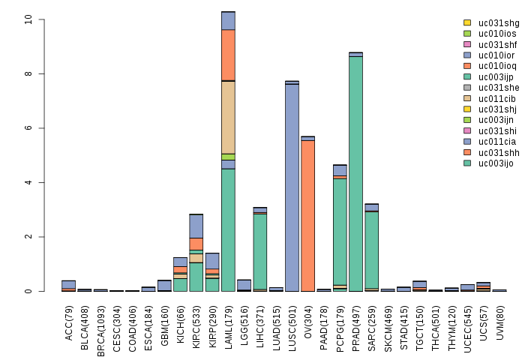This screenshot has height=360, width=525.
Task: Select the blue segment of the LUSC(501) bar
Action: point(292,187)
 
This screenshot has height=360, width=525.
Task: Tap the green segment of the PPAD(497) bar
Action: point(355,173)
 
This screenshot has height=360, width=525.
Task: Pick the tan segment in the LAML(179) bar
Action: point(228,117)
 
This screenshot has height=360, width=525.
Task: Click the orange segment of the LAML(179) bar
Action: point(228,55)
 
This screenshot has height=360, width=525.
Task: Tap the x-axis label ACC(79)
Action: point(68,319)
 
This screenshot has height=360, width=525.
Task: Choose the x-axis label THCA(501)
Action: point(436,322)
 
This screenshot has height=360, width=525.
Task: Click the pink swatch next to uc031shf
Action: point(467,44)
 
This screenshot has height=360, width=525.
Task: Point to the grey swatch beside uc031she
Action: point(467,87)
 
